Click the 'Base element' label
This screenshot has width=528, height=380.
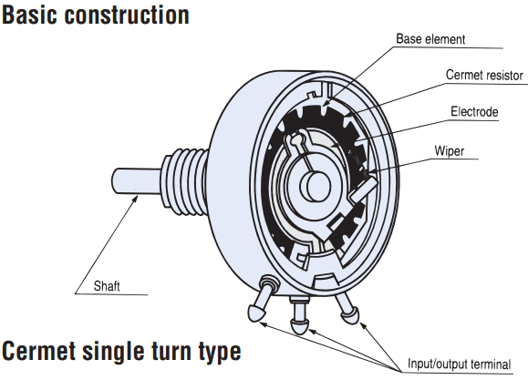430,39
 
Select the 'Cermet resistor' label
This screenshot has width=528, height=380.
484,75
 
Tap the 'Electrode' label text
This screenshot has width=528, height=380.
474,112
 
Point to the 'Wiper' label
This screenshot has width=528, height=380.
450,150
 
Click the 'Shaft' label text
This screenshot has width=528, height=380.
107,286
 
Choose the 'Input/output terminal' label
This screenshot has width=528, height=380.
460,364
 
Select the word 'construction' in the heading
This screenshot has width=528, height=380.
127,15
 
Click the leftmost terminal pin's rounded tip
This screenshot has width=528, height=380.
256,313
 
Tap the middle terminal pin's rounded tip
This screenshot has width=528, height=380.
299,326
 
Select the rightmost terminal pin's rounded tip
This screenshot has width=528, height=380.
350,315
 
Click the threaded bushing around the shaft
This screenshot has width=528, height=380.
185,181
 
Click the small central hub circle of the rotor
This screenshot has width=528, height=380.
316,186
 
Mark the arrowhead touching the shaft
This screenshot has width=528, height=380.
134,200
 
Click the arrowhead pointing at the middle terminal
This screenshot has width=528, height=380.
313,332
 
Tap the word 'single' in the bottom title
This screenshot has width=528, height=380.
114,352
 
